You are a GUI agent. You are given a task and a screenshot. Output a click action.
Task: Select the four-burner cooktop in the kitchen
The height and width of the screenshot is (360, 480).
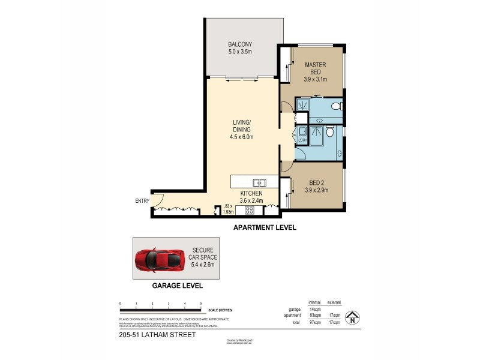248,210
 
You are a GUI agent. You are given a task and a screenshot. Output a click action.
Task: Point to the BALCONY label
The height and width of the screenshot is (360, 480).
239,44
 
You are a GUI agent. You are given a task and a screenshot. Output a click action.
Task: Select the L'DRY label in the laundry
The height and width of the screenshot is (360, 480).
302,140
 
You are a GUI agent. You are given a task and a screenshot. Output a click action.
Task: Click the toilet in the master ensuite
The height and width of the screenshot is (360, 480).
338,107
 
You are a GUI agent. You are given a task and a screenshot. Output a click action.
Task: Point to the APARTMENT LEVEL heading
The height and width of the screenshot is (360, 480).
265,228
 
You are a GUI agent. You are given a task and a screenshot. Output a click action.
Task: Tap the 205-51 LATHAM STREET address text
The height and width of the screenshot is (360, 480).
158,335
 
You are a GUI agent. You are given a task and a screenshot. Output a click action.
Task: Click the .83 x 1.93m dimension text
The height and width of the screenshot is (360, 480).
227,208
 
